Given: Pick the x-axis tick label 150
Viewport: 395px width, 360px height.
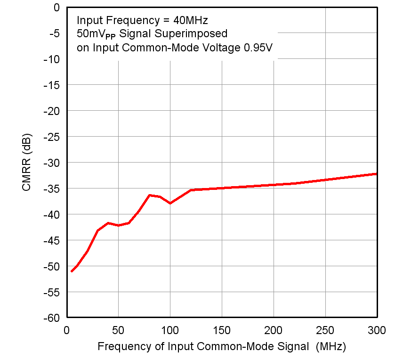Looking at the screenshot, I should (x=222, y=330).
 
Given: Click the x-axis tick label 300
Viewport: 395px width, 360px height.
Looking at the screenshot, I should (x=377, y=330).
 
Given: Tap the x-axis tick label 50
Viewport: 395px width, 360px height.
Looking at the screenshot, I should (x=118, y=330).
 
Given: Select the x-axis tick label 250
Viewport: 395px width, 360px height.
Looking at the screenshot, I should (x=325, y=330).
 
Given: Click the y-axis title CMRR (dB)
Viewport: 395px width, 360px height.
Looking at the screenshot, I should (x=26, y=163).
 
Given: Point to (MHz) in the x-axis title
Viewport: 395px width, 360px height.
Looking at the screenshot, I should (x=331, y=347).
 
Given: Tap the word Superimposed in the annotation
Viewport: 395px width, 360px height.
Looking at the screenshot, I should (x=197, y=34).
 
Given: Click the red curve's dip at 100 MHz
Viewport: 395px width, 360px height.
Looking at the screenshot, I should (x=170, y=203).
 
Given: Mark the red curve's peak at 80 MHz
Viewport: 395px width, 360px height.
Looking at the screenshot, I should (x=149, y=195).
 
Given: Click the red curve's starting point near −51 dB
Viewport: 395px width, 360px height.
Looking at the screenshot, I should (x=72, y=271).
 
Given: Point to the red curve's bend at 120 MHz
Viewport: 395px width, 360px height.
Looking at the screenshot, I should (x=191, y=190).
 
